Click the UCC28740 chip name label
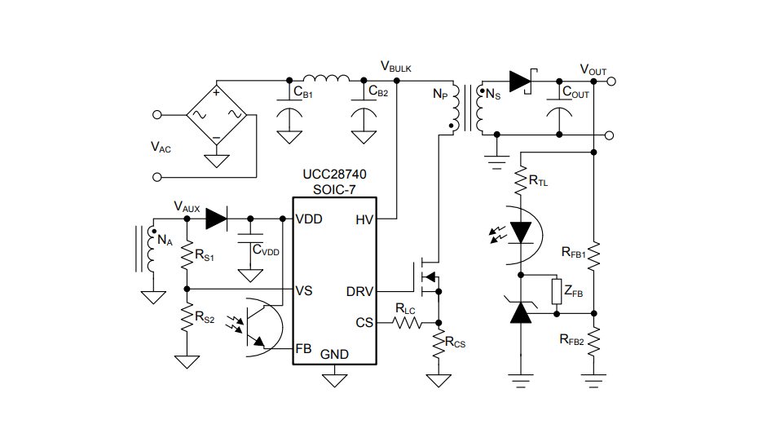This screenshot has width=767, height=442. click(334, 175)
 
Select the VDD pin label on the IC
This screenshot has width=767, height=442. click(310, 219)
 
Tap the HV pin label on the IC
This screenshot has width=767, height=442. click(364, 219)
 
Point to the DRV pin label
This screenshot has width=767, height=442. click(359, 291)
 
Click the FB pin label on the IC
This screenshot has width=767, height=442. click(303, 348)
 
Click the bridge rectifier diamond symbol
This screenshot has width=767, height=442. click(217, 114)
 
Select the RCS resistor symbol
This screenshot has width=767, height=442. click(439, 342)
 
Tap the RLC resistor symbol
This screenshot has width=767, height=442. click(408, 323)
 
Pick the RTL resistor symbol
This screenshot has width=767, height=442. click(520, 180)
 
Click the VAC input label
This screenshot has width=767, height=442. click(161, 147)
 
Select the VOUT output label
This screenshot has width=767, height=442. click(593, 69)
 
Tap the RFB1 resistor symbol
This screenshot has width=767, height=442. click(594, 255)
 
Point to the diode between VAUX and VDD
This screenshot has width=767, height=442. click(216, 219)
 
